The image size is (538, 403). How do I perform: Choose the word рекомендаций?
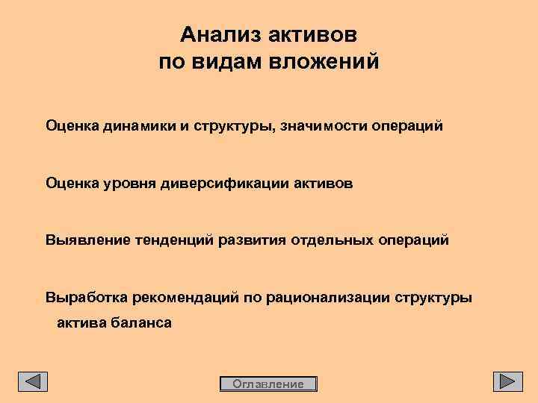[185, 298]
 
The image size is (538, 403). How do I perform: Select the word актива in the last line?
[81, 323]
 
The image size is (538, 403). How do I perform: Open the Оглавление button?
[269, 384]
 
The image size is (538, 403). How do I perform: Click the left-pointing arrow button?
[33, 381]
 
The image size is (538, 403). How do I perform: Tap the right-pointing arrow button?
[507, 381]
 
